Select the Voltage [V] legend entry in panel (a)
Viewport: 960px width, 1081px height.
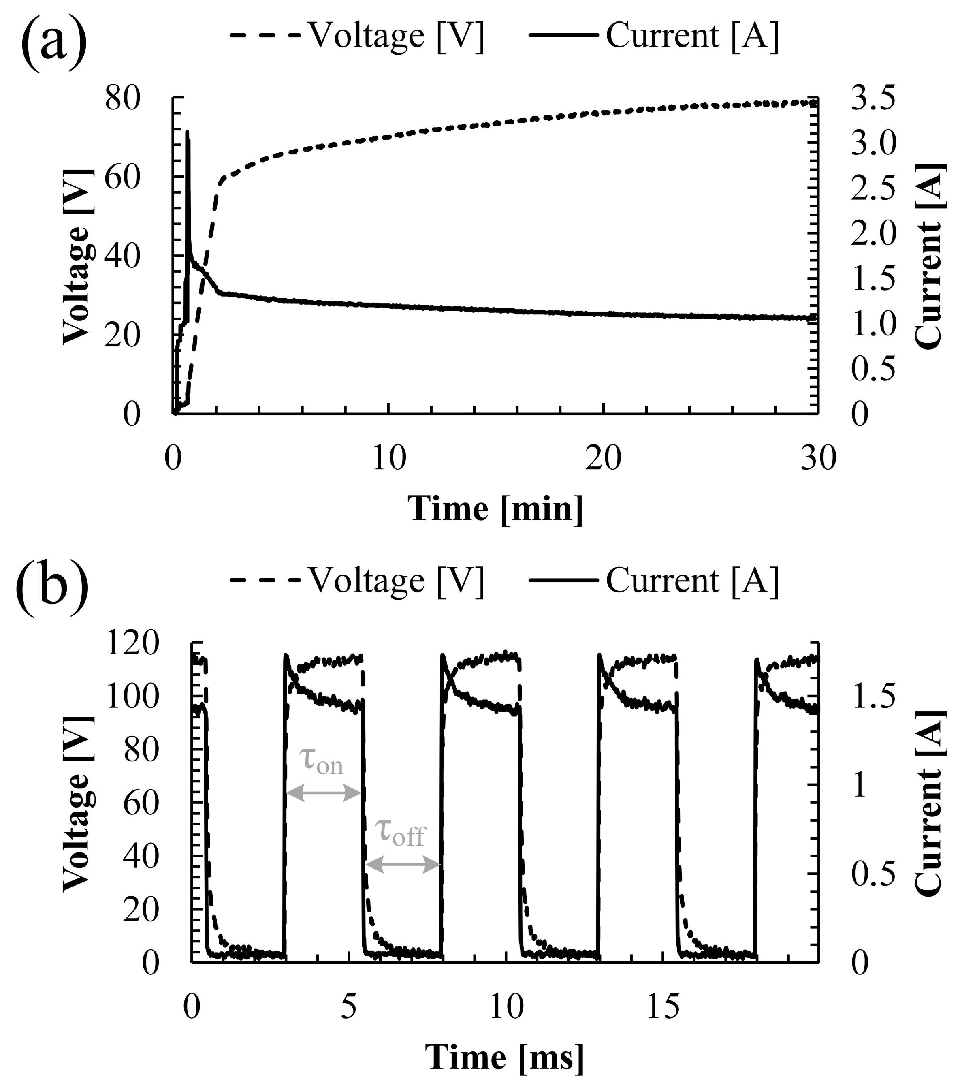[x=357, y=36]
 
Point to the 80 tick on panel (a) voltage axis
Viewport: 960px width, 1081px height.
[x=123, y=99]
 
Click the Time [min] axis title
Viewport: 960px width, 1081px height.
[x=495, y=509]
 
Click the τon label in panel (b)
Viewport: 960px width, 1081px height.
[x=321, y=762]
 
